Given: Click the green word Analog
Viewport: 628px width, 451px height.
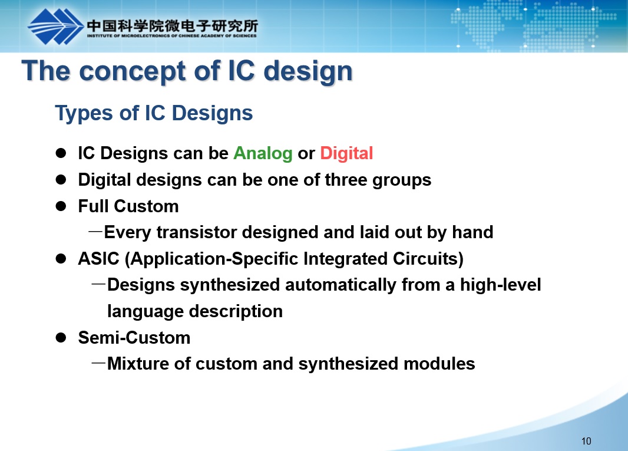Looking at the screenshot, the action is (x=263, y=153).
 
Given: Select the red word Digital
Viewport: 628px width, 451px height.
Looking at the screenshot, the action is (x=346, y=153).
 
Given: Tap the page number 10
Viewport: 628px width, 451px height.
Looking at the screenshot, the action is (x=586, y=441).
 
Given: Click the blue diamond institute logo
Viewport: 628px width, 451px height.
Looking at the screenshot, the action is (x=55, y=27).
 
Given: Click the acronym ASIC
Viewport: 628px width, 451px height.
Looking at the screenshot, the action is (x=98, y=259).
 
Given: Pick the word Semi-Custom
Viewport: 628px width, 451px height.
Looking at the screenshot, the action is (x=134, y=338).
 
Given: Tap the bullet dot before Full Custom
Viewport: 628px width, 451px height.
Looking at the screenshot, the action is (x=61, y=206).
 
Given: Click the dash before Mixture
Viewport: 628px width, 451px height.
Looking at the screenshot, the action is (x=98, y=364).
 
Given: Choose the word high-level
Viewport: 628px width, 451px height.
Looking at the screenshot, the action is (x=500, y=285).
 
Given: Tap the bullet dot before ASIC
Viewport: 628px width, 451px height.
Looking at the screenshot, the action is (x=61, y=259).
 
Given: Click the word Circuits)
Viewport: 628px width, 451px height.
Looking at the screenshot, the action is (x=428, y=259).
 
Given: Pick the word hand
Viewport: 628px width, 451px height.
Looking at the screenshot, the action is (x=472, y=232).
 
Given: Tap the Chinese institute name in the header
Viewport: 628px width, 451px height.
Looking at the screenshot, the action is (x=172, y=26).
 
